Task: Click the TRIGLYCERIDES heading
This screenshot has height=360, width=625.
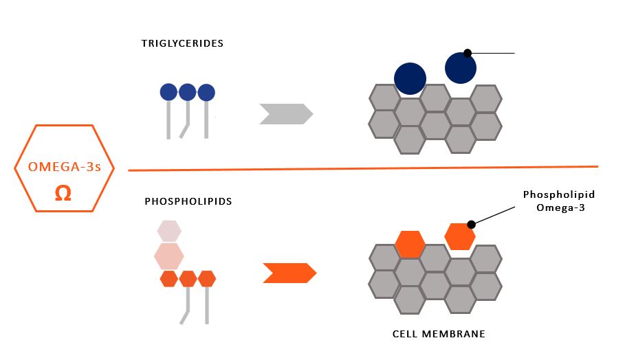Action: pos(182,43)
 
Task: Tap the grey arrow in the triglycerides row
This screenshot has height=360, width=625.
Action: pos(285,113)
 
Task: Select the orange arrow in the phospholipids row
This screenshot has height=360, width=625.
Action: pos(289,273)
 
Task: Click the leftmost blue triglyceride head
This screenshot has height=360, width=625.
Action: pos(168,92)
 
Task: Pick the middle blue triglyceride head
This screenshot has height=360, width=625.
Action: pos(187,92)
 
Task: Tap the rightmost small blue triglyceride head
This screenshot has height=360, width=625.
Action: pos(206,92)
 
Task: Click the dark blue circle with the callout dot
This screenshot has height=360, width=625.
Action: pos(460,68)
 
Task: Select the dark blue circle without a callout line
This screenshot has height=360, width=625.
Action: pos(410,78)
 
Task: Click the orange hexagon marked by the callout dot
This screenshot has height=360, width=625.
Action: pos(459,236)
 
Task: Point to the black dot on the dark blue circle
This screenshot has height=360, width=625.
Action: pos(468,53)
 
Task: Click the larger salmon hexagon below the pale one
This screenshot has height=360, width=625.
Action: pos(168,256)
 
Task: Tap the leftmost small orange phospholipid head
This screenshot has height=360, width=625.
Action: pos(169,278)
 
